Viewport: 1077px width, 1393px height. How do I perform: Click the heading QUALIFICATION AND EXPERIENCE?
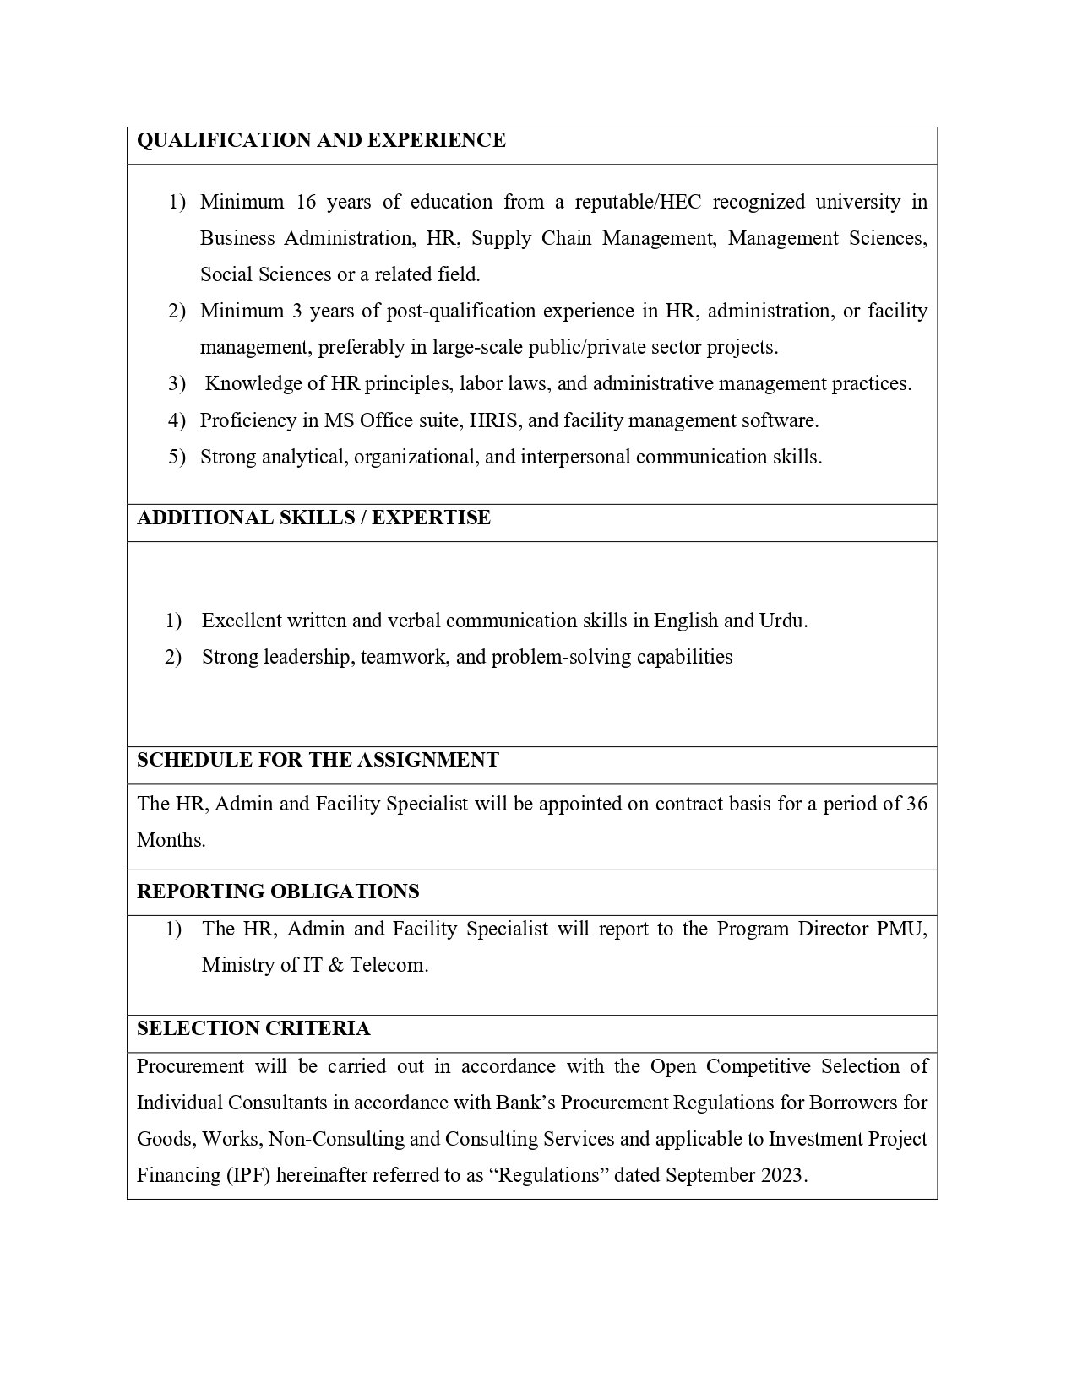point(321,140)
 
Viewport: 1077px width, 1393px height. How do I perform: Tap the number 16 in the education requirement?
point(303,202)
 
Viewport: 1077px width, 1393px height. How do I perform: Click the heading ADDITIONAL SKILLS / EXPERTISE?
point(313,518)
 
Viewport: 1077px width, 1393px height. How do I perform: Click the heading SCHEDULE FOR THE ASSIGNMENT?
point(318,760)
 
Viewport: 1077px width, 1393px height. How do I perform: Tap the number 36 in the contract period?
point(917,803)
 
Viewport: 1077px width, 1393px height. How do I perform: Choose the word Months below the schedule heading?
point(170,840)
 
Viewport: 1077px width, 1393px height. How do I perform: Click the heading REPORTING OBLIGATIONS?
point(278,892)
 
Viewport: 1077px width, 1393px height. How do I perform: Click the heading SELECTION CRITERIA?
point(253,1028)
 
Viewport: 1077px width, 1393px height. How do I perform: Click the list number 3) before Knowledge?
point(177,383)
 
